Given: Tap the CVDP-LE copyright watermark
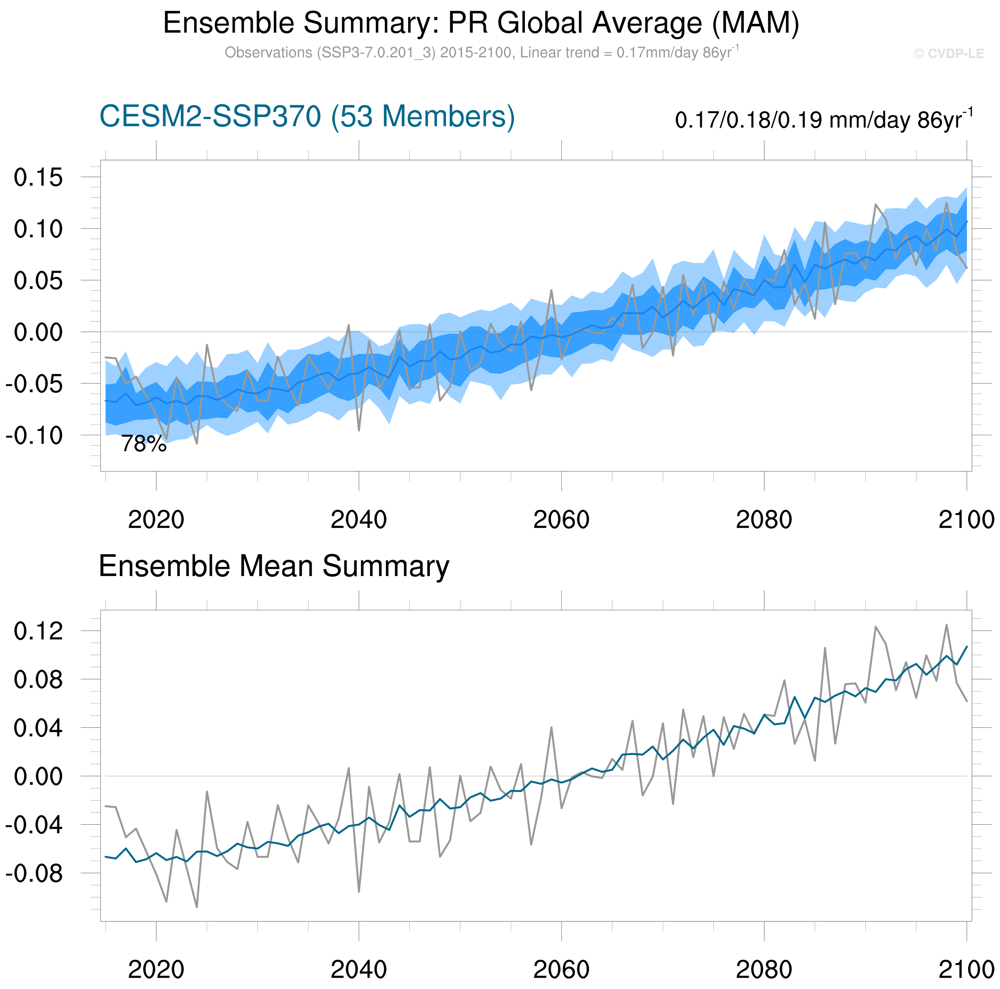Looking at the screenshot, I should (948, 54).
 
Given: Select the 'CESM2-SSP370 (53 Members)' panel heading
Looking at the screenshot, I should (307, 117).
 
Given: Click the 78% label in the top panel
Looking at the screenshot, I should (144, 444).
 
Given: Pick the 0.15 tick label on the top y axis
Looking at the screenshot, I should (38, 178).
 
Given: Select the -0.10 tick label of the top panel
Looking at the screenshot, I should (34, 436).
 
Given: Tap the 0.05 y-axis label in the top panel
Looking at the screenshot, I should (38, 281).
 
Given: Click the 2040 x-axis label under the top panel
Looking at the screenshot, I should (358, 519).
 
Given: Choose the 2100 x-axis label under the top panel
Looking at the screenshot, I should (966, 519).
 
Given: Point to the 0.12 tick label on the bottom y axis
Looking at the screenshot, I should (38, 631).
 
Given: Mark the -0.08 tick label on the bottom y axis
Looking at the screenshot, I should (34, 874).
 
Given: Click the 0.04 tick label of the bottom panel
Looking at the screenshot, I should (38, 728).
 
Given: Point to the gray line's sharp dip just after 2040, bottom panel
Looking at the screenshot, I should (359, 892).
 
